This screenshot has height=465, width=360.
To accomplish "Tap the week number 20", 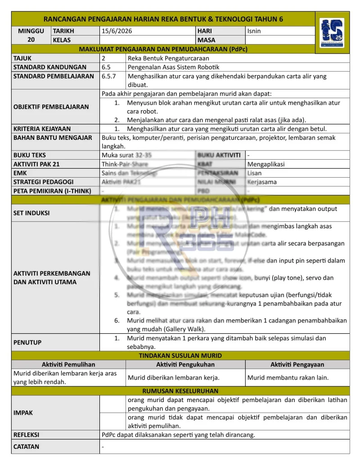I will coord(31,40).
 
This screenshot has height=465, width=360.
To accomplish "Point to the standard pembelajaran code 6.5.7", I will coord(109,76).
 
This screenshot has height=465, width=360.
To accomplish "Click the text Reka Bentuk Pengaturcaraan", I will coord(168,58).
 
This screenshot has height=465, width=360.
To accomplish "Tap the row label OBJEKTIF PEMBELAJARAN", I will coord(51,107).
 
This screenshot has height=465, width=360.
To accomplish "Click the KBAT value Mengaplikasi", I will coord(266,164).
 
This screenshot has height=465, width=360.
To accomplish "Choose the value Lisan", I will coord(254,173).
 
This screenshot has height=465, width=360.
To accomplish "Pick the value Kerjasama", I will coord(262,182).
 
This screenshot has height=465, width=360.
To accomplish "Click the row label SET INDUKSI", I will coord(31,213).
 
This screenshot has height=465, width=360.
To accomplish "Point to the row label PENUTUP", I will coord(27,342).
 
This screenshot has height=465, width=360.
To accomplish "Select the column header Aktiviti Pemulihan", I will coord(68,364).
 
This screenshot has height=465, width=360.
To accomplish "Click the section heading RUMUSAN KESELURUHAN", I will coord(180,391).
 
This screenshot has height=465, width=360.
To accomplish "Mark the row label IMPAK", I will coord(23,412).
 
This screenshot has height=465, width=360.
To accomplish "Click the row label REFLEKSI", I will coord(27,435).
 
